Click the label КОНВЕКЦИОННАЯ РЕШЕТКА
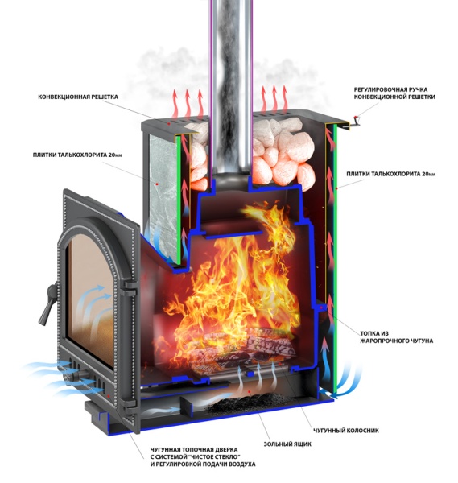pos(78,97)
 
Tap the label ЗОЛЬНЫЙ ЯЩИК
pos(287,444)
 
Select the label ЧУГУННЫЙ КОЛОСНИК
pos(346,431)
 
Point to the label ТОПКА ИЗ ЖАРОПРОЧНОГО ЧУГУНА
pos(396,337)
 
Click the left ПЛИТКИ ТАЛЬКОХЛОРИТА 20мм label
pos(77,155)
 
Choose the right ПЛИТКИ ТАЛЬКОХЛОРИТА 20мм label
pos(391,174)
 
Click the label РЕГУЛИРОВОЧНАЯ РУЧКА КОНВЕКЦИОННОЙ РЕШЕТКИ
pos(394,93)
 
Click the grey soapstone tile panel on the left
pos(163,197)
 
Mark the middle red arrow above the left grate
pos(188,104)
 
